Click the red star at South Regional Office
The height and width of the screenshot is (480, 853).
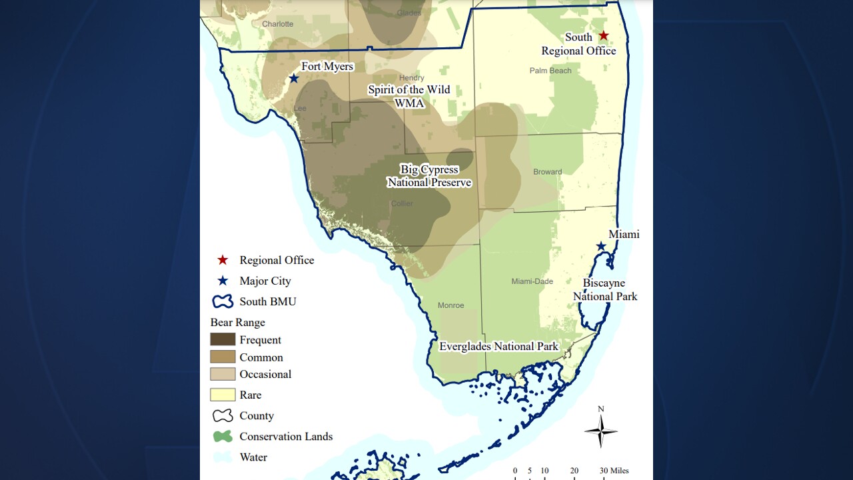pyautogui.click(x=603, y=35)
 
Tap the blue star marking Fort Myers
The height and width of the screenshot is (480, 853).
pyautogui.click(x=294, y=79)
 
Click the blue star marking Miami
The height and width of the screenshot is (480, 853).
pyautogui.click(x=600, y=247)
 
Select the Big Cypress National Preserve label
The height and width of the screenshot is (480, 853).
pyautogui.click(x=429, y=176)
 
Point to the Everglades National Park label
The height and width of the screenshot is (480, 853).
pyautogui.click(x=498, y=347)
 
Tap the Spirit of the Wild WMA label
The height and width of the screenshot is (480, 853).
pyautogui.click(x=409, y=97)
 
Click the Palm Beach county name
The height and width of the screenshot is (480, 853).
pyautogui.click(x=550, y=71)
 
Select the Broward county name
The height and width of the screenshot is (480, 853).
pyautogui.click(x=547, y=172)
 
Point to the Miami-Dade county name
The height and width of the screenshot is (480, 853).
pyautogui.click(x=532, y=281)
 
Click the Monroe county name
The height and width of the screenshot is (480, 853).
pyautogui.click(x=450, y=305)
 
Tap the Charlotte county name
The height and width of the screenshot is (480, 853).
pyautogui.click(x=277, y=24)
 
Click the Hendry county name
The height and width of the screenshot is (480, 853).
pyautogui.click(x=411, y=78)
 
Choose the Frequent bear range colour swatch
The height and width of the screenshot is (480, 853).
pyautogui.click(x=223, y=339)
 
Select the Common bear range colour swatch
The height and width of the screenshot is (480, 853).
pyautogui.click(x=223, y=357)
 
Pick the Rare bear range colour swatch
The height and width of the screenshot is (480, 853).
pyautogui.click(x=223, y=395)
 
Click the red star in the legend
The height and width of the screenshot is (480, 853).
pyautogui.click(x=223, y=260)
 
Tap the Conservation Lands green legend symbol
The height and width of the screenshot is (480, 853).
pyautogui.click(x=223, y=436)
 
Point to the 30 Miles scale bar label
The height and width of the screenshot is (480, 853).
pyautogui.click(x=613, y=471)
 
